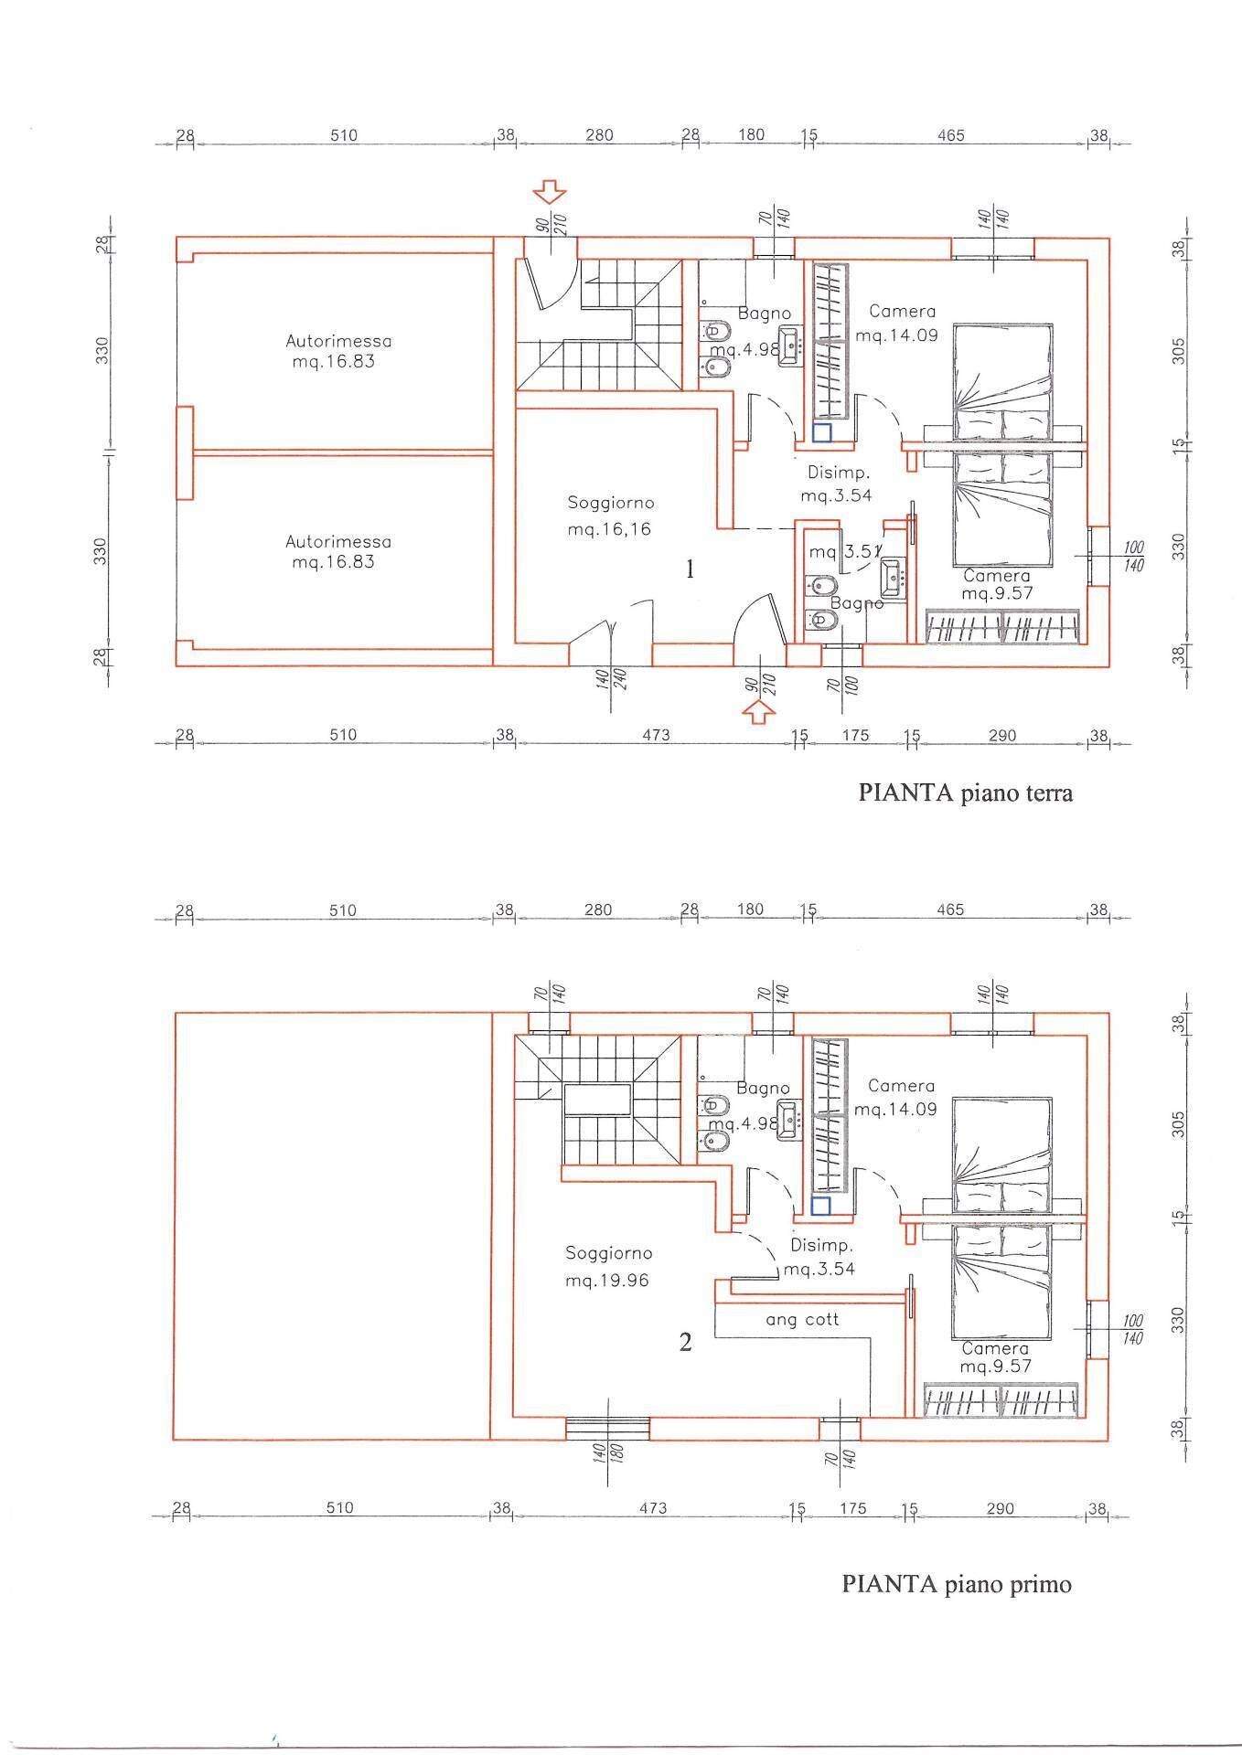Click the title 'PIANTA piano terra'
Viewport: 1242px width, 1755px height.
(965, 792)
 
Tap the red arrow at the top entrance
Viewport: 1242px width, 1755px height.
(550, 191)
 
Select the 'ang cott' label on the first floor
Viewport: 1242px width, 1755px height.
(801, 1320)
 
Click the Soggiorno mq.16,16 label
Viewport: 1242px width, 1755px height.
(610, 516)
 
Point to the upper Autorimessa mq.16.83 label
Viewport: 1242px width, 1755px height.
(337, 351)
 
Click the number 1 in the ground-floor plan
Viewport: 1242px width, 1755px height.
(690, 569)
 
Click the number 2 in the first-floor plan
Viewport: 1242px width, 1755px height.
(685, 1342)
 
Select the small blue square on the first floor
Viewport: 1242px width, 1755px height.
(820, 1206)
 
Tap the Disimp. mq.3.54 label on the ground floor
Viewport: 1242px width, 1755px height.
(836, 484)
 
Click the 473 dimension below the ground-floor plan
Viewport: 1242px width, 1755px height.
(656, 735)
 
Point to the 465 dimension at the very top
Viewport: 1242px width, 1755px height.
(950, 135)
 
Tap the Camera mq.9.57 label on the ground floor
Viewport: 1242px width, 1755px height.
(997, 585)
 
